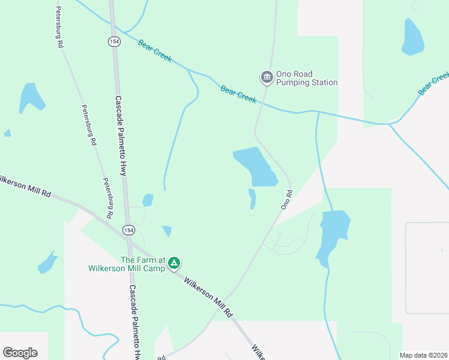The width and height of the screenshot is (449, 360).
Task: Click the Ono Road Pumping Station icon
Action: click(267, 77)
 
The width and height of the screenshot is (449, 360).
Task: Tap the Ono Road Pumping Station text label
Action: click(306, 78)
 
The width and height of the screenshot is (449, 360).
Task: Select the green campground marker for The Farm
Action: click(174, 263)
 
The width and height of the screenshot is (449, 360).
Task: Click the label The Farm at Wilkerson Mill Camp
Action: click(143, 264)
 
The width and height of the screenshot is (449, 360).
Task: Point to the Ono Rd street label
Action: click(286, 200)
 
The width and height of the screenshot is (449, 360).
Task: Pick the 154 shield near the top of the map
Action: click(113, 41)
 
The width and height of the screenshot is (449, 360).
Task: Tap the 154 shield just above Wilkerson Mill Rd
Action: click(128, 230)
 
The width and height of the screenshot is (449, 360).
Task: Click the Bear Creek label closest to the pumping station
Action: click(238, 93)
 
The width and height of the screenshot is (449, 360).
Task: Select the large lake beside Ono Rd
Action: click(257, 166)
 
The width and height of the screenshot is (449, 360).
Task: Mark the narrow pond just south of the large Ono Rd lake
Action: click(252, 199)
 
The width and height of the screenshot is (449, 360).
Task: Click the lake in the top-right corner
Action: click(412, 37)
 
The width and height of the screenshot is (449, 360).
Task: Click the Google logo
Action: click(20, 352)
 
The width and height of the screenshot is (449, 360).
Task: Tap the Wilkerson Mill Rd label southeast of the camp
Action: click(208, 296)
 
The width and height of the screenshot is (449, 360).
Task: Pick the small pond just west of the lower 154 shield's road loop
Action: click(148, 200)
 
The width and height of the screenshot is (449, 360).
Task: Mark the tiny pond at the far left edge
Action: click(7, 133)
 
